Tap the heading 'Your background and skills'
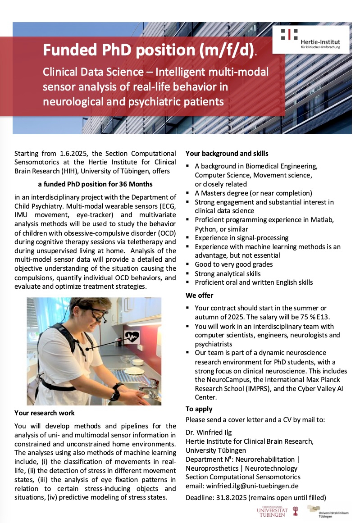(x=227, y=153)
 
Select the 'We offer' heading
(x=200, y=296)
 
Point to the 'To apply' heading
(x=199, y=409)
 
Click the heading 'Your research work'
(x=45, y=413)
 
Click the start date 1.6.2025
(x=75, y=154)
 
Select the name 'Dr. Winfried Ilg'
(x=208, y=432)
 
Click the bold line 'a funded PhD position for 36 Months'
(x=95, y=184)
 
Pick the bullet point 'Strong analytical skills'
(x=228, y=273)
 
